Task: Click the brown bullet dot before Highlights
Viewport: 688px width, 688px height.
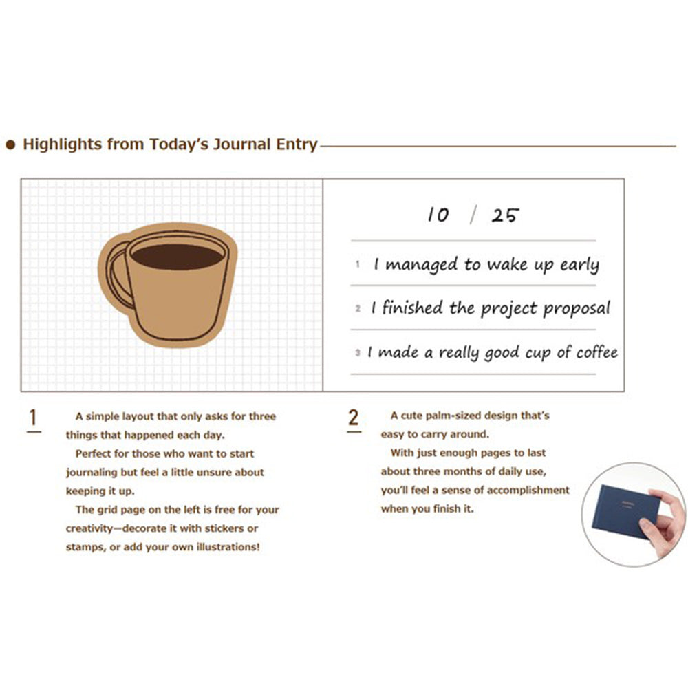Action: (10, 145)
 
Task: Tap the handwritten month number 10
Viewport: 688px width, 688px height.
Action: (438, 215)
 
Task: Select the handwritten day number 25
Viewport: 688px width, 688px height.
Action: (504, 215)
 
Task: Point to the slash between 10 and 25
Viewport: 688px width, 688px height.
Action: (472, 215)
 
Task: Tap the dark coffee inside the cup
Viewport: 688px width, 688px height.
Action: (177, 256)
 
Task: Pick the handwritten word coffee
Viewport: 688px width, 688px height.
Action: (596, 353)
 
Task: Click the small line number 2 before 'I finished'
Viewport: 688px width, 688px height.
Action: (358, 309)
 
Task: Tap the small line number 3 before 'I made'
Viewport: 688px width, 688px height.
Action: (358, 353)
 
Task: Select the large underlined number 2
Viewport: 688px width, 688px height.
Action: (354, 418)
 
